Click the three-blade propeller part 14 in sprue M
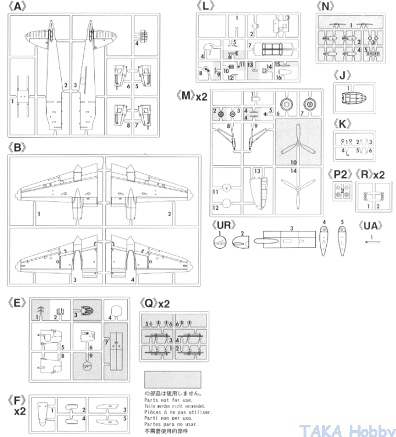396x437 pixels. pyautogui.click(x=297, y=191)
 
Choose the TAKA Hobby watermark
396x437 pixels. pyautogui.click(x=347, y=429)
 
